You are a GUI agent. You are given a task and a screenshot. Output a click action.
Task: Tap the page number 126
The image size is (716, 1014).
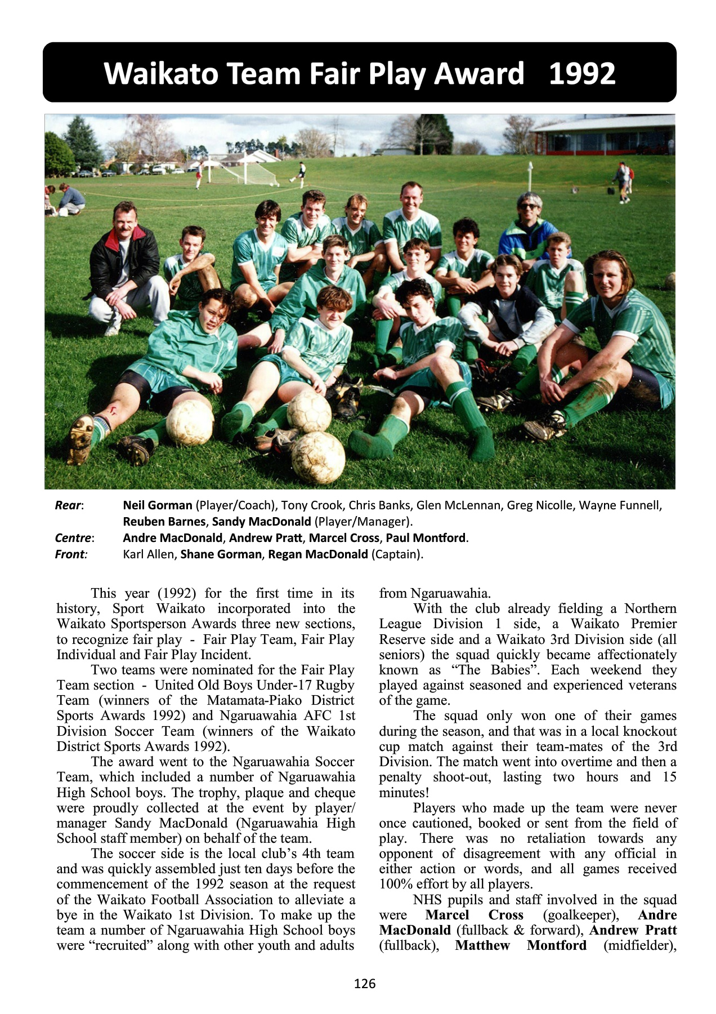365,984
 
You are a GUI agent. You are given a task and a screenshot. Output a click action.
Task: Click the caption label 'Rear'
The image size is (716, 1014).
68,505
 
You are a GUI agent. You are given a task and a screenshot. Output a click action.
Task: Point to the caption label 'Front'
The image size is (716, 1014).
70,554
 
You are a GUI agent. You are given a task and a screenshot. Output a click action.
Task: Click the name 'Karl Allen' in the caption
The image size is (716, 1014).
149,554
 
